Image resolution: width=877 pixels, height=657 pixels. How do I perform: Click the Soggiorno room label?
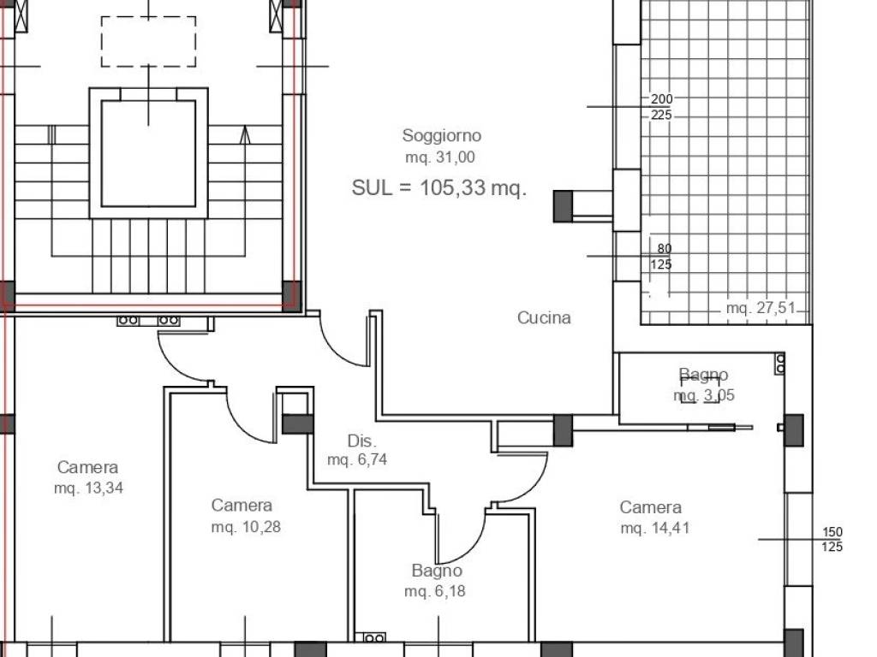tap(441, 136)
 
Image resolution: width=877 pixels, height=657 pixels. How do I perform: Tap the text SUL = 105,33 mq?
tap(439, 187)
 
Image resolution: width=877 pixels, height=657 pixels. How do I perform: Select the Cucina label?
tap(544, 318)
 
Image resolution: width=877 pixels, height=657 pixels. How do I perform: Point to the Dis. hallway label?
tap(362, 441)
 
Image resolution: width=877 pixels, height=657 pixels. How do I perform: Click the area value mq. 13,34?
tap(88, 488)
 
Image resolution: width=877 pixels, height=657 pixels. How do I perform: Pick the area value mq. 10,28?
tap(246, 527)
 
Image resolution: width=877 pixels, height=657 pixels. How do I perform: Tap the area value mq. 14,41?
tap(655, 528)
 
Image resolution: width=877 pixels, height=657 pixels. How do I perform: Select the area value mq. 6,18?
tap(434, 591)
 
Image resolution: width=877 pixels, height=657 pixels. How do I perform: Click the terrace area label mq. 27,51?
tap(761, 308)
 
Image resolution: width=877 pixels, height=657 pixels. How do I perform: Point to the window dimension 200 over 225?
tap(661, 107)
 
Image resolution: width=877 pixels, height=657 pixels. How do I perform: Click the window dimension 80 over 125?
tap(661, 257)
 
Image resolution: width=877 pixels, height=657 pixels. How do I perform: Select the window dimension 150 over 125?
tap(832, 540)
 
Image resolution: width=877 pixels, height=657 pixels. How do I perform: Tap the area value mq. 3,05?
tap(704, 395)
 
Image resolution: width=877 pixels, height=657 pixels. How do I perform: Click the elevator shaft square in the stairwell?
tap(149, 153)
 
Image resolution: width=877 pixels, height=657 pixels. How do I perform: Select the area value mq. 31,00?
tap(440, 157)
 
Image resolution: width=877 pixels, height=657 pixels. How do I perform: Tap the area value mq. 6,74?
tap(357, 459)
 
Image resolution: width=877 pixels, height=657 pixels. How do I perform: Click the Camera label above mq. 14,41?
tap(651, 507)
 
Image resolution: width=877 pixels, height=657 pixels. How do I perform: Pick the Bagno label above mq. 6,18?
tap(437, 571)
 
